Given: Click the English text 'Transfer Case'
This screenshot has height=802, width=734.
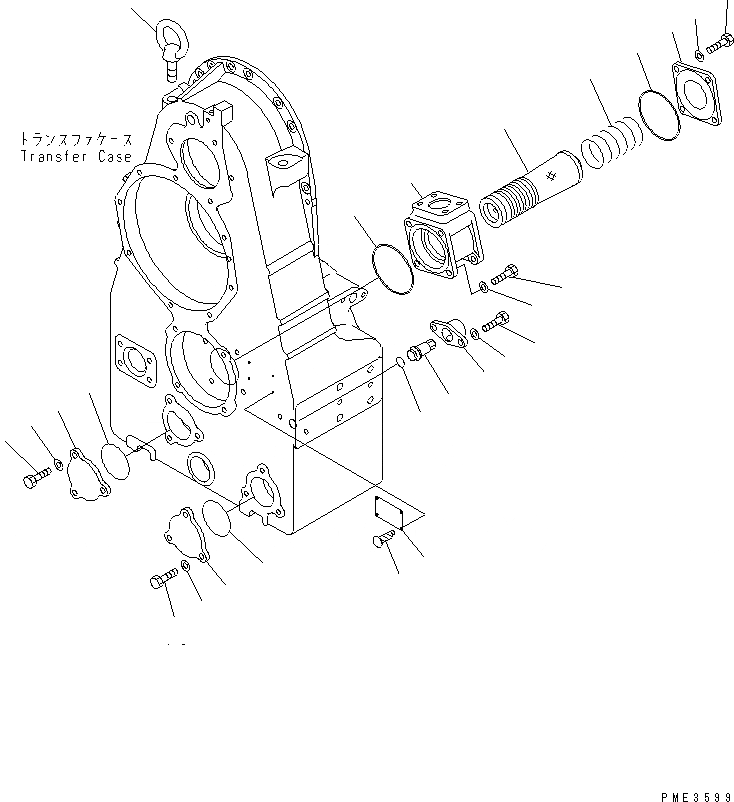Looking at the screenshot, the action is click(75, 157).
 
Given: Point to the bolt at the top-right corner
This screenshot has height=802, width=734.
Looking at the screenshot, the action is click(720, 45).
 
